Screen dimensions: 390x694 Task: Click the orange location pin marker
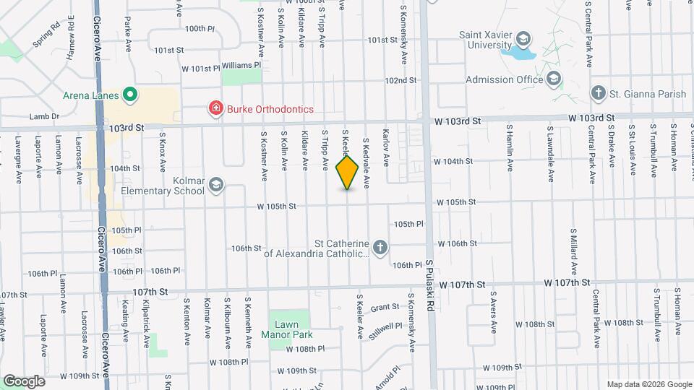pyautogui.click(x=348, y=173)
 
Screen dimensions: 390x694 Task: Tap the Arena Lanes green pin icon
pyautogui.click(x=130, y=93)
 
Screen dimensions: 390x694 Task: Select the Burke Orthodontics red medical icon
pyautogui.click(x=215, y=109)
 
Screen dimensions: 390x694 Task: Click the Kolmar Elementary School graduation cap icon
pyautogui.click(x=215, y=186)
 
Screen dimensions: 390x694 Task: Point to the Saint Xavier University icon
pyautogui.click(x=524, y=38)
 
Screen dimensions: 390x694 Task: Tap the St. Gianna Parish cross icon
pyautogui.click(x=597, y=92)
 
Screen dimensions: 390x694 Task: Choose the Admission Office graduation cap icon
pyautogui.click(x=553, y=79)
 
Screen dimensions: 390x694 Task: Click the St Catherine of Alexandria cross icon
pyautogui.click(x=380, y=248)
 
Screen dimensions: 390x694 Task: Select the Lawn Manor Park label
pyautogui.click(x=290, y=329)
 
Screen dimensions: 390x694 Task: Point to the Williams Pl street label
pyautogui.click(x=241, y=65)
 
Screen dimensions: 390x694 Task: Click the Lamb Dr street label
pyautogui.click(x=44, y=116)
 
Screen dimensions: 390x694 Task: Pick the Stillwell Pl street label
pyautogui.click(x=384, y=326)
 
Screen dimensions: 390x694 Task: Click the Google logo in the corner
pyautogui.click(x=24, y=381)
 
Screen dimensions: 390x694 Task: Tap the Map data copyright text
pyautogui.click(x=648, y=384)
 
